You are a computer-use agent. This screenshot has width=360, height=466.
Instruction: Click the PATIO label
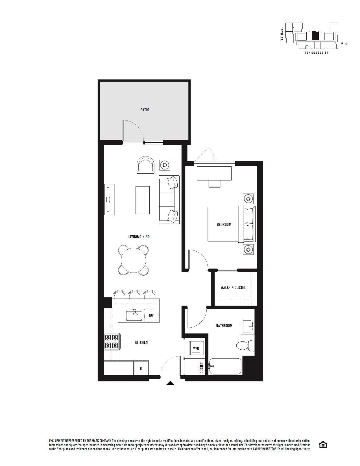pyautogui.click(x=145, y=110)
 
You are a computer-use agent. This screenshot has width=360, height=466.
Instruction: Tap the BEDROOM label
pyautogui.click(x=224, y=225)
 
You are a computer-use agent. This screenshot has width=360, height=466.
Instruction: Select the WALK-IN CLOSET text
pyautogui.click(x=233, y=288)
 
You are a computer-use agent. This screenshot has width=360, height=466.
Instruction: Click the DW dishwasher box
pyautogui.click(x=151, y=316)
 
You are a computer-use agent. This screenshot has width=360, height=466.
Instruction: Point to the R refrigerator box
pyautogui.click(x=141, y=368)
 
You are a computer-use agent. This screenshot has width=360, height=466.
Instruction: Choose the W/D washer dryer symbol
pyautogui.click(x=196, y=349)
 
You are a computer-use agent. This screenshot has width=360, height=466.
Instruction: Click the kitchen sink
pyautogui.click(x=134, y=315)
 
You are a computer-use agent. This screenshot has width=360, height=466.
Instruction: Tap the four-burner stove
pyautogui.click(x=111, y=341)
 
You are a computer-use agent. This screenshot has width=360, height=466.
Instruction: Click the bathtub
pyautogui.click(x=225, y=366)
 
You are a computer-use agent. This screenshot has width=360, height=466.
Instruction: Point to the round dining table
pyautogui.click(x=134, y=260)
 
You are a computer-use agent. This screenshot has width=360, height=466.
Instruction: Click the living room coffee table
pyautogui.click(x=143, y=200)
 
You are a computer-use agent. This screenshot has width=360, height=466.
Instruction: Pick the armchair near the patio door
pyautogui.click(x=146, y=165)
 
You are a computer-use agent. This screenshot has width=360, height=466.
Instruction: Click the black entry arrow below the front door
pyautogui.click(x=170, y=383)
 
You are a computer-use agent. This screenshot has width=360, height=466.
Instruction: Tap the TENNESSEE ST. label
pyautogui.click(x=317, y=53)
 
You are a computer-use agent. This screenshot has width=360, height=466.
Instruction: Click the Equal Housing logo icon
pyautogui.click(x=323, y=445)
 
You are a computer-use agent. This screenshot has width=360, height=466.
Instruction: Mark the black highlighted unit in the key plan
pyautogui.click(x=315, y=36)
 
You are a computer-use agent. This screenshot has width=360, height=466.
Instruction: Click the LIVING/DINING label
pyautogui.click(x=139, y=237)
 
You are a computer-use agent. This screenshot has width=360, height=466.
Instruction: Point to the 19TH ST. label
pyautogui.click(x=282, y=34)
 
